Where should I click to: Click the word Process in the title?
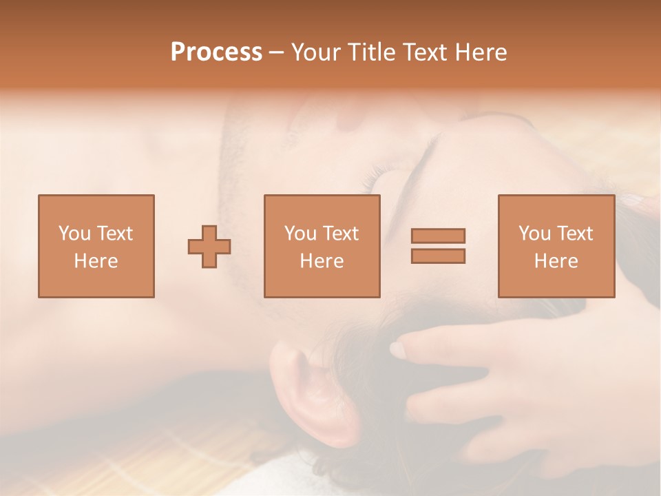pos(216,52)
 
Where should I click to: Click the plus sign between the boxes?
pos(209,247)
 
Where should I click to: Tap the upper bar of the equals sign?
pos(438,236)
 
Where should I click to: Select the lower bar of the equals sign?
pos(438,256)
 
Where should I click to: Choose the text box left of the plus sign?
pos(96,246)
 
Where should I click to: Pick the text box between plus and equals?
pos(322,246)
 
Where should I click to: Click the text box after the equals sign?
pos(556,246)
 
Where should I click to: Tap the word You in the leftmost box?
pos(74,234)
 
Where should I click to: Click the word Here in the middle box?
pos(322,261)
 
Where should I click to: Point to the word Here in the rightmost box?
pos(556,261)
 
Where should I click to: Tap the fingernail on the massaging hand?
pos(398,350)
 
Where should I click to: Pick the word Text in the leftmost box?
pos(114,234)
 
